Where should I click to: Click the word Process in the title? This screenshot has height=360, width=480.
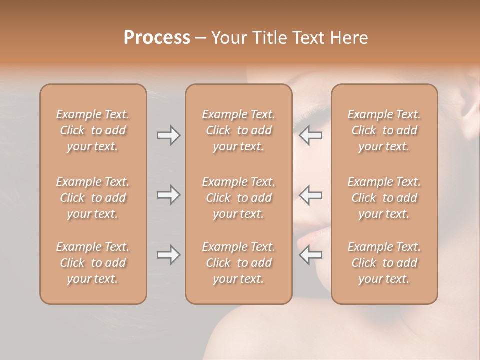(157, 37)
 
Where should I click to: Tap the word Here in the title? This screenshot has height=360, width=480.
(348, 37)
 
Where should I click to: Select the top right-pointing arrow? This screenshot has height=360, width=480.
(168, 135)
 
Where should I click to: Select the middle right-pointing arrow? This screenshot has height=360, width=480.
(168, 195)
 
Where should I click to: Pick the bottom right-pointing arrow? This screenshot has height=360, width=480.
(168, 255)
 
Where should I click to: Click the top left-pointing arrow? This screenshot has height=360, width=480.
(310, 135)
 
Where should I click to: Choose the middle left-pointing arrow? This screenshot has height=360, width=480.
(310, 195)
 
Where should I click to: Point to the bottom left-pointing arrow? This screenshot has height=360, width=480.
(310, 255)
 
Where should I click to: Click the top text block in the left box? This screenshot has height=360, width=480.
(93, 130)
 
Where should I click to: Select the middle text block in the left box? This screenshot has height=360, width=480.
(93, 198)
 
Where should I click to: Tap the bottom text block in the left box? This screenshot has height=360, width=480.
(93, 263)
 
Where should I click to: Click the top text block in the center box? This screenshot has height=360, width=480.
(238, 130)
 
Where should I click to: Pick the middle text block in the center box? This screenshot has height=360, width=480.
(238, 198)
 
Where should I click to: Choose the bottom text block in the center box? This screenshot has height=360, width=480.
(238, 263)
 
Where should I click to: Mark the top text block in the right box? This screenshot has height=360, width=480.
(384, 130)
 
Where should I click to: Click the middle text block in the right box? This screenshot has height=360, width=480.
(384, 198)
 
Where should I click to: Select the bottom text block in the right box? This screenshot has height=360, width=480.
(384, 263)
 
